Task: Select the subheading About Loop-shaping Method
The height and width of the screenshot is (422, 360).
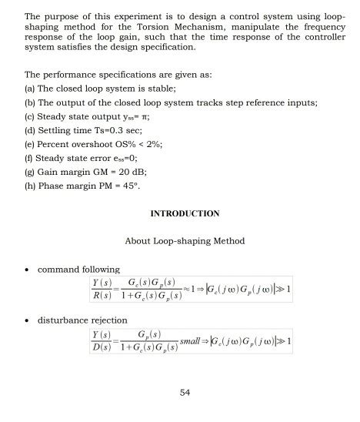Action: (185, 241)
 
